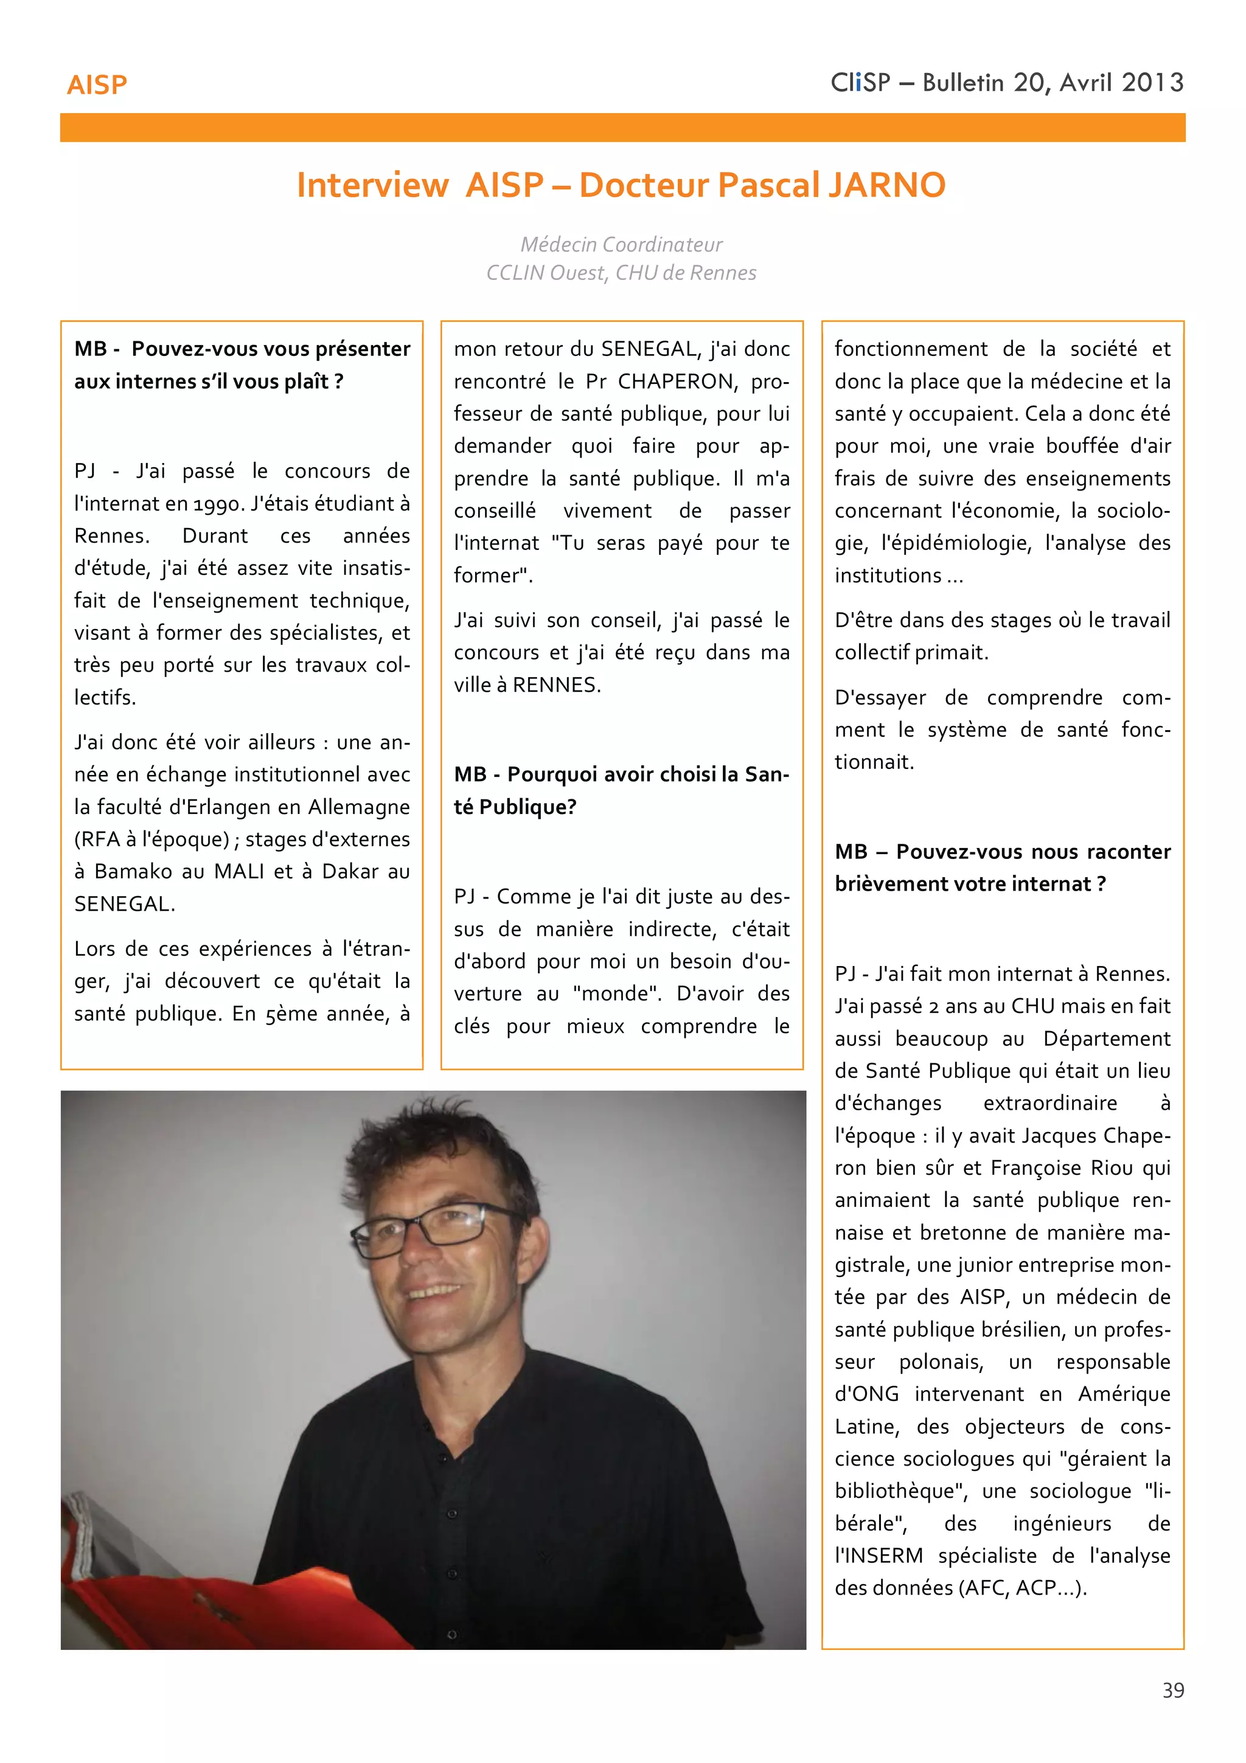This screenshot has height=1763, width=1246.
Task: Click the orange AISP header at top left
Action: [x=97, y=85]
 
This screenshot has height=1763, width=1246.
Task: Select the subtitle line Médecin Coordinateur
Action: [x=621, y=244]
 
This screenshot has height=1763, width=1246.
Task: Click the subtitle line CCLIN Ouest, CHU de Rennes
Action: [x=621, y=273]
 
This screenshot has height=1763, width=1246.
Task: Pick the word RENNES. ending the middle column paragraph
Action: [x=556, y=685]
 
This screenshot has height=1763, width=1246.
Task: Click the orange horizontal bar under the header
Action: [x=622, y=128]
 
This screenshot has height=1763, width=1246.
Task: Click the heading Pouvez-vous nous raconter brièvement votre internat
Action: [x=1002, y=868]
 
